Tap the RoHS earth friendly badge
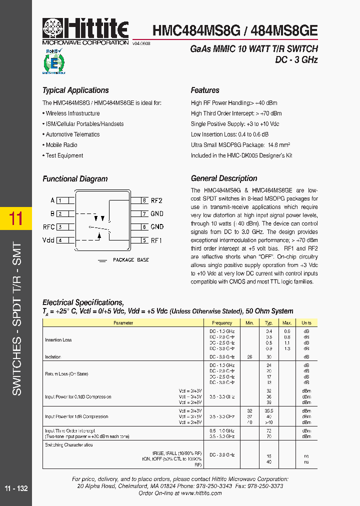(53, 61)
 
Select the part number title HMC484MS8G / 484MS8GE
(234, 30)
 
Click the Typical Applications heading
(75, 90)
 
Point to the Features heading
(205, 90)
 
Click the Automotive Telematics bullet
(72, 134)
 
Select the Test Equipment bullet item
(64, 155)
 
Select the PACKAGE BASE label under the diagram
(130, 260)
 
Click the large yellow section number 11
(16, 219)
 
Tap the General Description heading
(224, 178)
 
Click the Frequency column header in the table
(222, 323)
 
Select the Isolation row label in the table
(53, 357)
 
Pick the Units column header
(306, 323)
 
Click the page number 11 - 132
(16, 488)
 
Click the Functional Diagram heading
(75, 179)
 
